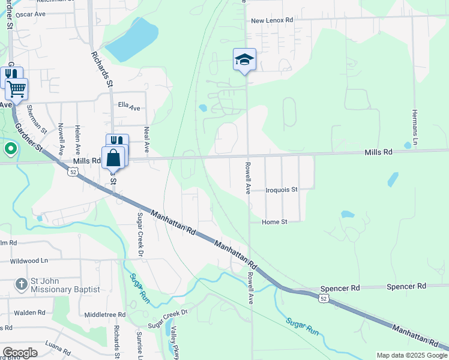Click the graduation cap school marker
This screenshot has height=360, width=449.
click(244, 59)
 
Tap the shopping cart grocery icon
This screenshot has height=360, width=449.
click(16, 89)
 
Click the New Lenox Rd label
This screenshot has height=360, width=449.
click(272, 20)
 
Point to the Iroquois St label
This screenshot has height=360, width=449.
click(282, 190)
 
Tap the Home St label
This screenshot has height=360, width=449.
click(274, 222)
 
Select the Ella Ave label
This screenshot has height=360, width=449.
click(128, 108)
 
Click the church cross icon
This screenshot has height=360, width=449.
click(21, 284)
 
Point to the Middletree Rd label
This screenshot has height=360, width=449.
click(104, 314)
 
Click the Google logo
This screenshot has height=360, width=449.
click(20, 353)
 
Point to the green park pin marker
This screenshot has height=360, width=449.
click(10, 148)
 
